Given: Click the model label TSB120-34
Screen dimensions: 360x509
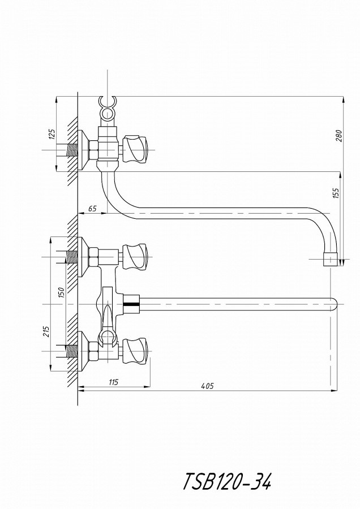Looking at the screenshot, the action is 228,481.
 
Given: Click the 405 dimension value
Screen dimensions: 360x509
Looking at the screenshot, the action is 208,386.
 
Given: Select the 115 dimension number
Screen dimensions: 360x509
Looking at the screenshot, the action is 113,382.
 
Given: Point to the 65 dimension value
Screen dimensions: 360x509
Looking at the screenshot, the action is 92,208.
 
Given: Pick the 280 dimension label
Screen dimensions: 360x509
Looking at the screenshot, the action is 339,136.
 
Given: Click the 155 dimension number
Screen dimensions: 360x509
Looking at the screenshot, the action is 336,193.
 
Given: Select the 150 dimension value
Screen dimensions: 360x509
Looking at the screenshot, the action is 62,292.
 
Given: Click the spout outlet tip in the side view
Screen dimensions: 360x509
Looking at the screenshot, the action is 331,260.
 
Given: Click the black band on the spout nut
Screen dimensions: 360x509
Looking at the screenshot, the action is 131,304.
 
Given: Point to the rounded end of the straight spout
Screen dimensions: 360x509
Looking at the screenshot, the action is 334,304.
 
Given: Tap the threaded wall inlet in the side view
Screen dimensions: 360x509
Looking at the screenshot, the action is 71,150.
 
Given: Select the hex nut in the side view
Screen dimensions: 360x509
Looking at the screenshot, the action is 93,150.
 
